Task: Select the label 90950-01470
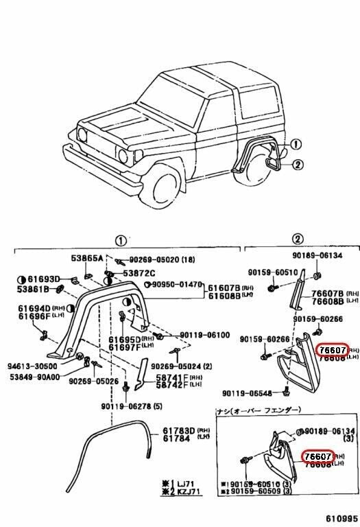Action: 177,284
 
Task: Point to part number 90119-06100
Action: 204,335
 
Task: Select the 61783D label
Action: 178,431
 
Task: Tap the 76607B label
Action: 327,292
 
